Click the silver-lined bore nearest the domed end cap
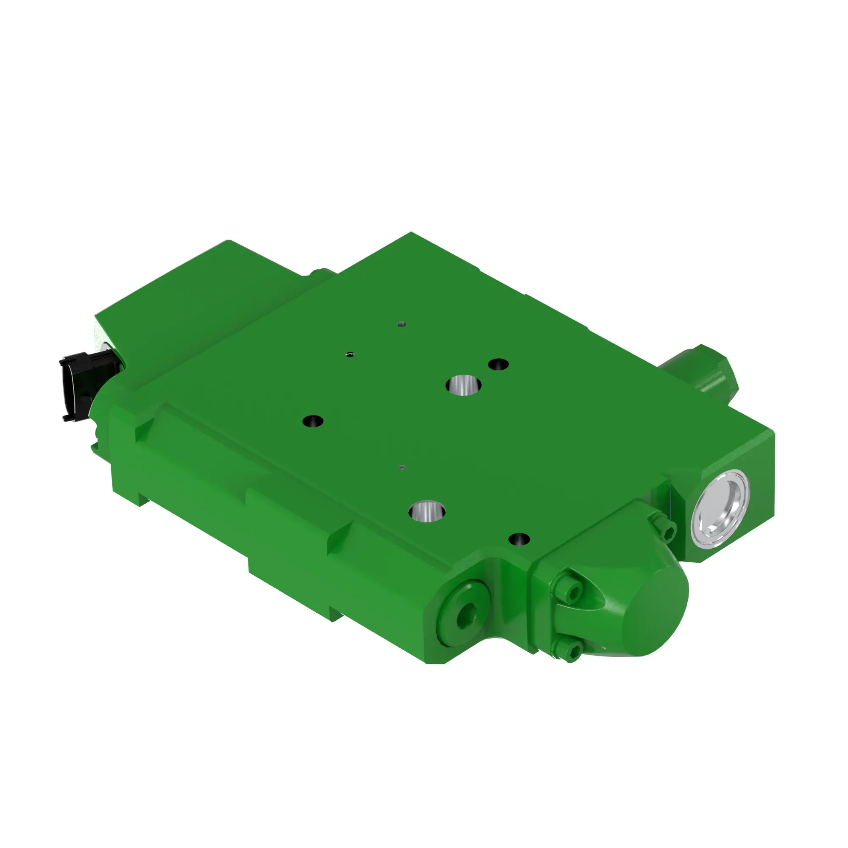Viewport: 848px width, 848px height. pyautogui.click(x=427, y=510)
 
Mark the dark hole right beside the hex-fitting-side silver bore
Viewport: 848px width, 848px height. pyautogui.click(x=499, y=364)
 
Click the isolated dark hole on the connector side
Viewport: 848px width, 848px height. pyautogui.click(x=313, y=421)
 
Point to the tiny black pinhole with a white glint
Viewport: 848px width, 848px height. pyautogui.click(x=350, y=353)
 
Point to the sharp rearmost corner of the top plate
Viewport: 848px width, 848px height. pyautogui.click(x=411, y=233)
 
